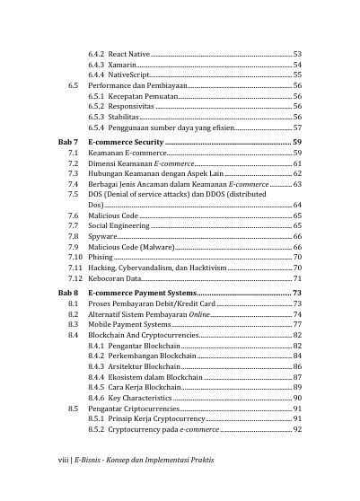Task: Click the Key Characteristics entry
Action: [x=140, y=398]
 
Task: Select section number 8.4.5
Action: [x=97, y=387]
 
